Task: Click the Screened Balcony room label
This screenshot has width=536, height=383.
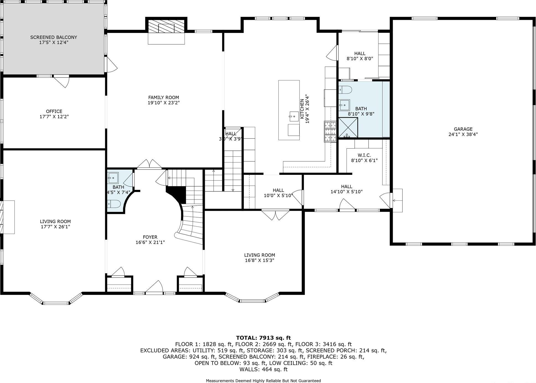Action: (x=53, y=37)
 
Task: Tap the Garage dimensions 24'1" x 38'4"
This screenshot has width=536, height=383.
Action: (x=463, y=134)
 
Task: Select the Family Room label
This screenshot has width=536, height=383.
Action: (x=164, y=97)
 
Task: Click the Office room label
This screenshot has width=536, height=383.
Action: (x=54, y=111)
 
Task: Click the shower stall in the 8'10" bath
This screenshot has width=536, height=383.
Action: (x=348, y=127)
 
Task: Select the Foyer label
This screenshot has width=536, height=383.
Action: (x=150, y=237)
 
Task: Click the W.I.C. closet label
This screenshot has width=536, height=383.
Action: (x=364, y=155)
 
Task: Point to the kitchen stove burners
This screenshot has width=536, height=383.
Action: (x=330, y=132)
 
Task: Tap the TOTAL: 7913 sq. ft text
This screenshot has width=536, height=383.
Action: (x=263, y=338)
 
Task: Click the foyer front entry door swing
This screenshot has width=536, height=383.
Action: (x=154, y=287)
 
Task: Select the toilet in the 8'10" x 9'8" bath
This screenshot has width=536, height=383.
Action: (x=345, y=90)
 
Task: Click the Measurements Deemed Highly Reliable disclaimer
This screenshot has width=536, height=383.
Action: (x=263, y=381)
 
